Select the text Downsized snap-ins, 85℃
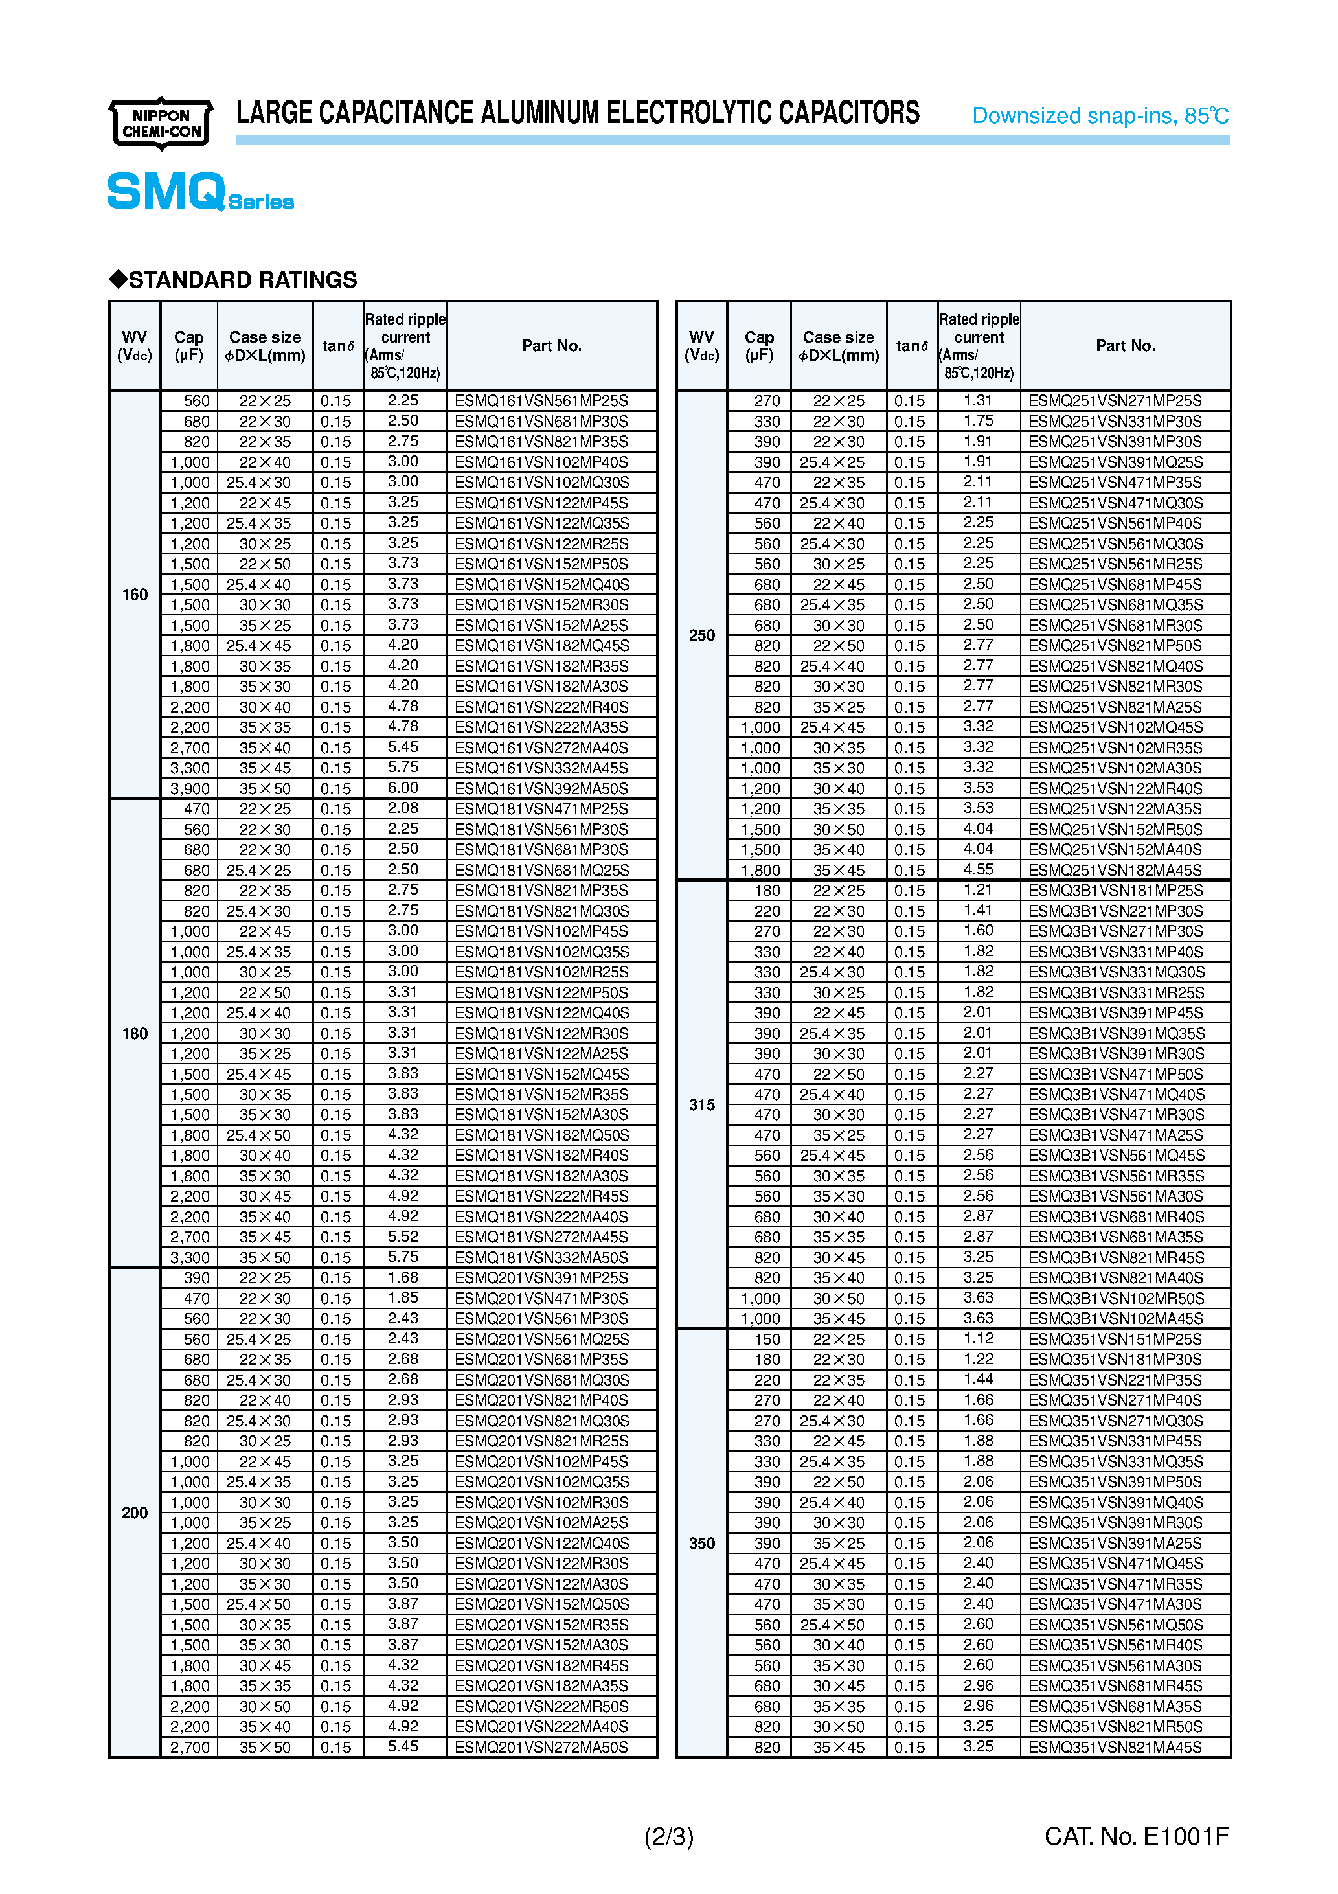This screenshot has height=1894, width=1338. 1100,115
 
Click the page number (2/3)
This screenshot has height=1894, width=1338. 668,1836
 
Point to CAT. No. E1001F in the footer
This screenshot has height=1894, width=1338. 1136,1836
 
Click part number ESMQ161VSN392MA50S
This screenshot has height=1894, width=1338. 541,788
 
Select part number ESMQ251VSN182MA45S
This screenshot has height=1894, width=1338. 1115,871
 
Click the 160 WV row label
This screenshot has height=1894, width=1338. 135,595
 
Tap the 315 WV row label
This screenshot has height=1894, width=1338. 701,1104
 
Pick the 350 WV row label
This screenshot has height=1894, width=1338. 701,1544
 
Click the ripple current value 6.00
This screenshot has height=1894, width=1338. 403,788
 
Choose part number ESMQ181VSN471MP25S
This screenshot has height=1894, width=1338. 541,809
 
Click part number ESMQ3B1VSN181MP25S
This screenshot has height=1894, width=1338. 1115,891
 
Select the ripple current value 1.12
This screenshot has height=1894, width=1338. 979,1339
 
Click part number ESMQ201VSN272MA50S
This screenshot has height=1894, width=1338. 541,1747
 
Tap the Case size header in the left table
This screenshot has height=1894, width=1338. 265,347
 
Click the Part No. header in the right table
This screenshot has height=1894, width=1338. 1125,346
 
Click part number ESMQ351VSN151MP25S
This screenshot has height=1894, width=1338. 1115,1340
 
